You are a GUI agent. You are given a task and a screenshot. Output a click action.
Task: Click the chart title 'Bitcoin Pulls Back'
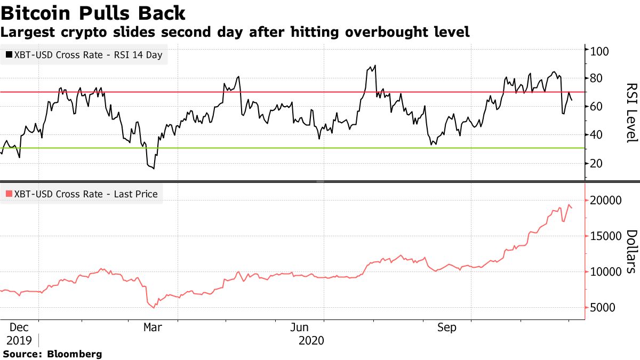click(x=93, y=13)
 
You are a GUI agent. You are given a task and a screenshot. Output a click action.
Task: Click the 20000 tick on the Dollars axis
click(x=605, y=201)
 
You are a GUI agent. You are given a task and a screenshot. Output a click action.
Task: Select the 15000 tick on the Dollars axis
click(x=605, y=236)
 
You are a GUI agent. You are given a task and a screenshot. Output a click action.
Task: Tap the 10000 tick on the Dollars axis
click(x=605, y=272)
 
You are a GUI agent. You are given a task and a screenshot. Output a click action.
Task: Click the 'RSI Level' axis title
click(x=631, y=113)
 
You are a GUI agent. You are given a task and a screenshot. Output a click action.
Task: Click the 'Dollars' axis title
click(x=631, y=251)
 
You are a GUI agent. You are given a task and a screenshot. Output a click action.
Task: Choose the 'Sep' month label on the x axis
click(x=446, y=327)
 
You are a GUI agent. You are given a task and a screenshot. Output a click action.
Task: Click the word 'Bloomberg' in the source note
click(x=75, y=354)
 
